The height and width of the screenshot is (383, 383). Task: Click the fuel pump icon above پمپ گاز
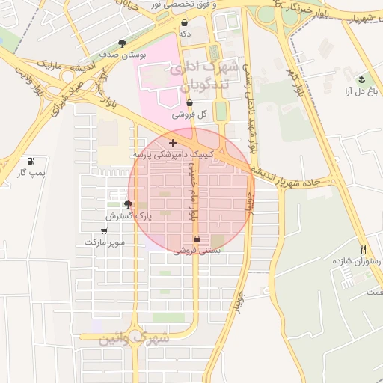[31, 161]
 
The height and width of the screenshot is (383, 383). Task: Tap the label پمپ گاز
[32, 174]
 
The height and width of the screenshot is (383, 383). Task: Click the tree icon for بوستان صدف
[122, 43]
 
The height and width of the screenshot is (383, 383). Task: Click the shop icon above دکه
[184, 23]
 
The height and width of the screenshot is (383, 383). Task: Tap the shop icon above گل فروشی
[189, 103]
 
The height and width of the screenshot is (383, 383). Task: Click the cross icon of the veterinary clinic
[173, 142]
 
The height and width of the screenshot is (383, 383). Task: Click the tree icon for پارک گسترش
[128, 203]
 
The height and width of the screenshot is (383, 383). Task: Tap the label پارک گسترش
[129, 215]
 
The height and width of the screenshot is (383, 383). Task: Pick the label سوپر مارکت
[105, 242]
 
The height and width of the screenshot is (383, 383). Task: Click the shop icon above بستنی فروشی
[197, 239]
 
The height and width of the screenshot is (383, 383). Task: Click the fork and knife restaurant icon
[364, 249]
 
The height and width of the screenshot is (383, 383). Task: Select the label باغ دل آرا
[358, 91]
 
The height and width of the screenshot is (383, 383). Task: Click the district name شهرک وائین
[135, 338]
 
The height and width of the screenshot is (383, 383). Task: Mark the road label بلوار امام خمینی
[192, 190]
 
